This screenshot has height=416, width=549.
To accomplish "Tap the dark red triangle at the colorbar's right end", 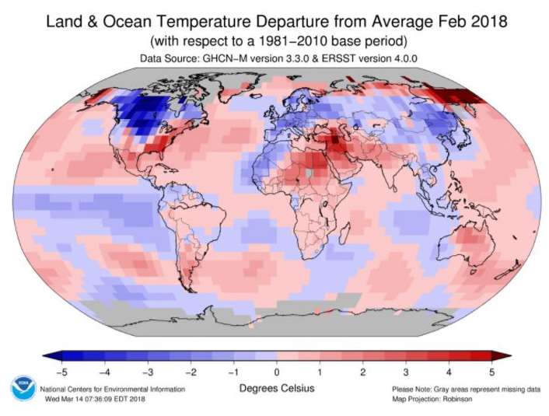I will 502,357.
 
